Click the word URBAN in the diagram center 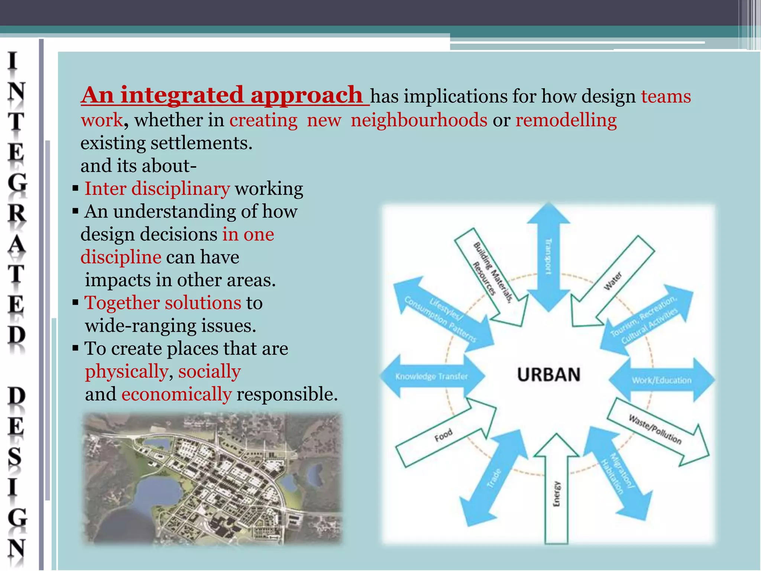click(548, 374)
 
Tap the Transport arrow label click(548, 257)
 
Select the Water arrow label click(613, 281)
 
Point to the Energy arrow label click(556, 494)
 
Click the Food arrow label click(444, 435)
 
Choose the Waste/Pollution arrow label click(655, 430)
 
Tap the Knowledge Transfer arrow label click(431, 377)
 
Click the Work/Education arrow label click(662, 380)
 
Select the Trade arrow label click(494, 478)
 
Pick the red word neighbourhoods click(419, 120)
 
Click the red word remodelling click(566, 120)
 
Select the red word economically click(177, 394)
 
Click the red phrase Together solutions click(163, 303)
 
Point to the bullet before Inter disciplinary click(75, 188)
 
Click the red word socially click(210, 371)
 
